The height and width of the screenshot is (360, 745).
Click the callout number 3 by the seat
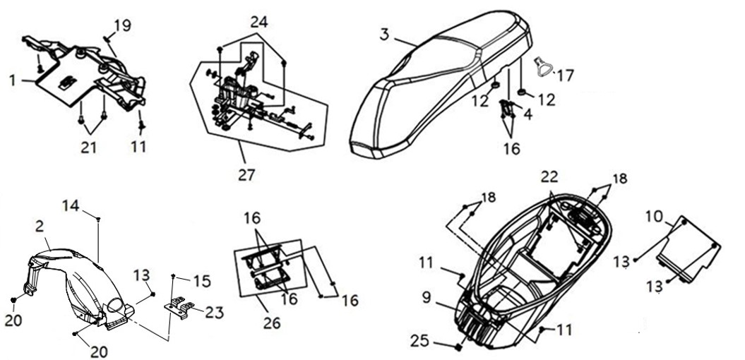coord(384,35)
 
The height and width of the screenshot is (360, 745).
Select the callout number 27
coord(246,175)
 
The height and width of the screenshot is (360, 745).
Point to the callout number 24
coord(259,22)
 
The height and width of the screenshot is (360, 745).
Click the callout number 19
coord(123,25)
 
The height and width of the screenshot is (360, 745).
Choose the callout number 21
coord(88,148)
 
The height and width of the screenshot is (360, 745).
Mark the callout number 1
coord(13,80)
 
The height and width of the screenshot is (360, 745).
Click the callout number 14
coord(71,206)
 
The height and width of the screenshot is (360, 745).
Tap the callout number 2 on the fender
coord(40,227)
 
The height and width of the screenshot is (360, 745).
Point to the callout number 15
coord(202,281)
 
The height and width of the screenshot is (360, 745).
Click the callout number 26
coord(273,323)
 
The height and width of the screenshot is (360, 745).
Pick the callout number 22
coord(549,176)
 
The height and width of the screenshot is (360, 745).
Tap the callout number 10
coord(654,217)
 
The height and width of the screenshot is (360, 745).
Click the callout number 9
coord(427,298)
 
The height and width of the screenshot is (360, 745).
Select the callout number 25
coord(421,341)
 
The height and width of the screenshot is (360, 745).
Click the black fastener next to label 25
coord(459,348)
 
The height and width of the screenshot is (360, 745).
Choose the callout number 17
coord(566,75)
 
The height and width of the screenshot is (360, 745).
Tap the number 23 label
coord(214,313)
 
